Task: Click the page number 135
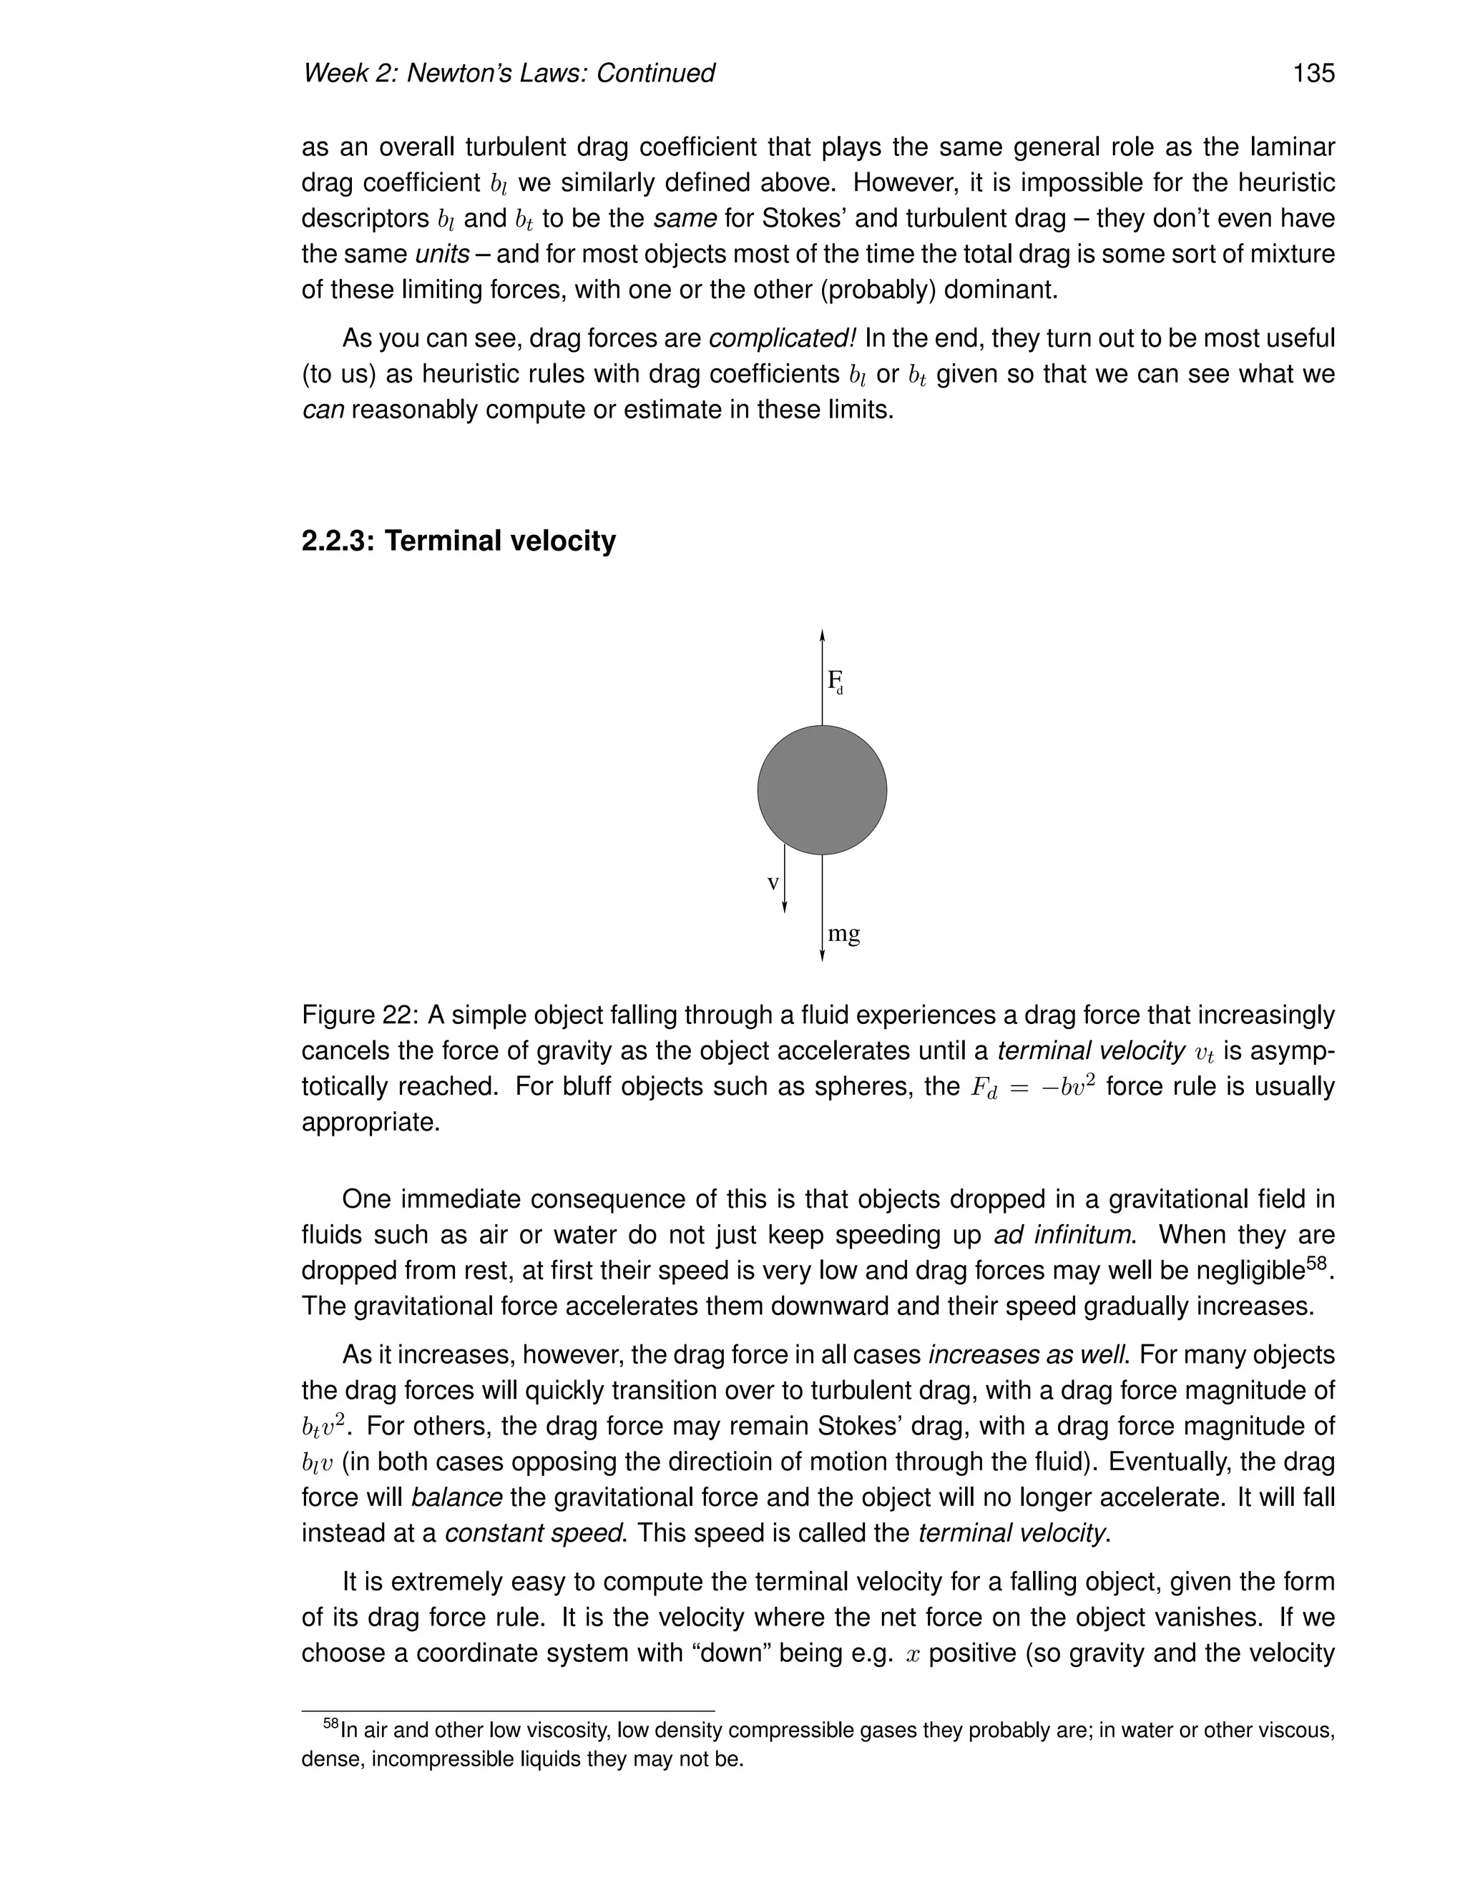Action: pyautogui.click(x=1313, y=73)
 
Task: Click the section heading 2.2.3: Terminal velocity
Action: pyautogui.click(x=459, y=541)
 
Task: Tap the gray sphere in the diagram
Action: pyautogui.click(x=822, y=789)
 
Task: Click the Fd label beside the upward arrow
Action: pyautogui.click(x=835, y=680)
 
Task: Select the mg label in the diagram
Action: pyautogui.click(x=843, y=934)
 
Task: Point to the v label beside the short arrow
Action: pyautogui.click(x=773, y=883)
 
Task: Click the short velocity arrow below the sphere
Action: pyautogui.click(x=785, y=878)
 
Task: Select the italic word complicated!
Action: pyautogui.click(x=784, y=338)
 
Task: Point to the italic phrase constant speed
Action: pyautogui.click(x=534, y=1532)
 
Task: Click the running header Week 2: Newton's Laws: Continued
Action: pyautogui.click(x=508, y=73)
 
